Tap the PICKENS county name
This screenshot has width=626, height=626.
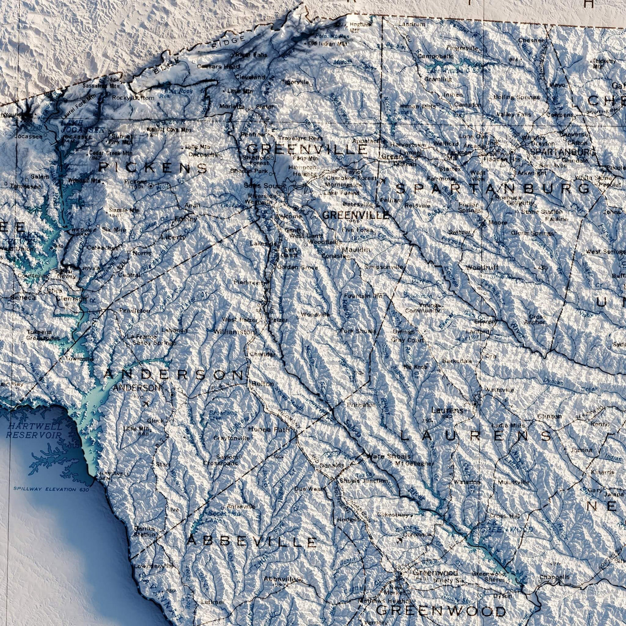pyautogui.click(x=153, y=168)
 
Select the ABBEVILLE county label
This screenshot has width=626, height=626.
pyautogui.click(x=251, y=541)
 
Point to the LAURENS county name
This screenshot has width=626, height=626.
pyautogui.click(x=476, y=436)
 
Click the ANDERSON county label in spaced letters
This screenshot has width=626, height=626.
pyautogui.click(x=174, y=375)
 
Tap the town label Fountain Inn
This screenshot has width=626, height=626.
pyautogui.click(x=364, y=296)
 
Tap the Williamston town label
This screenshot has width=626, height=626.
pyautogui.click(x=235, y=332)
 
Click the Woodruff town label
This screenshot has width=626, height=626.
pyautogui.click(x=482, y=267)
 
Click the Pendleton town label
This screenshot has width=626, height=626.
pyautogui.click(x=135, y=310)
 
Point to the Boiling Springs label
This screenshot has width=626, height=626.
pyautogui.click(x=516, y=97)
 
